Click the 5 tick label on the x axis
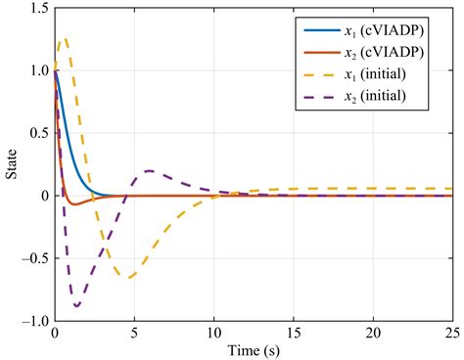click(x=133, y=333)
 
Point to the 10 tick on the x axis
click(x=212, y=333)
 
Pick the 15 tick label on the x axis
click(x=293, y=333)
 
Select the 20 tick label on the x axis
click(x=372, y=333)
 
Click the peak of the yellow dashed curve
click(x=65, y=39)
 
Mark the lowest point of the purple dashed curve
click(x=76, y=306)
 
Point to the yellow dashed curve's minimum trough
click(x=128, y=277)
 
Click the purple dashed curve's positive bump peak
click(x=149, y=171)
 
